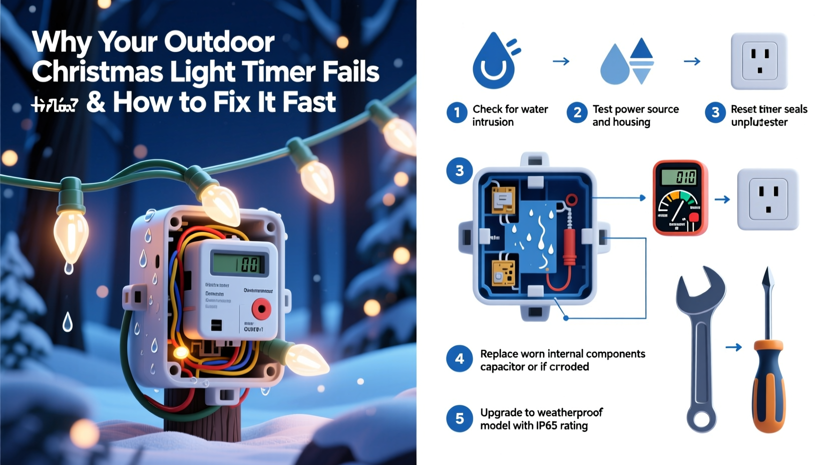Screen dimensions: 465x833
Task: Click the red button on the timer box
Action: click(x=261, y=309)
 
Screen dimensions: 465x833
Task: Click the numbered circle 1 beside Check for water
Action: click(x=457, y=113)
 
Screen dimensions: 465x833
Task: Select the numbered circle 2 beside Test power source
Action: click(x=577, y=113)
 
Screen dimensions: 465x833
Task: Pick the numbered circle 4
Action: click(x=459, y=359)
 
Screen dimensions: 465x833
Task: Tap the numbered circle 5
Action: click(x=459, y=418)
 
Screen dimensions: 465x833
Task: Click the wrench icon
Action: click(x=700, y=346)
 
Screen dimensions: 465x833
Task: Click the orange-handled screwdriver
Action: click(x=768, y=361)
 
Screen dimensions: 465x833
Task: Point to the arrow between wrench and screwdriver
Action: click(x=733, y=347)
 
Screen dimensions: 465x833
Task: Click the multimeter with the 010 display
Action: click(x=680, y=197)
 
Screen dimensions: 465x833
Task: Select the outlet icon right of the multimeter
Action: click(x=767, y=199)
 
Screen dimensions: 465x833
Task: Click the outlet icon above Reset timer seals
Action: click(x=759, y=61)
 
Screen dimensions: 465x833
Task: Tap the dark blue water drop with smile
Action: click(x=494, y=63)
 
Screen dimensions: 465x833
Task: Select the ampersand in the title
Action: click(x=96, y=102)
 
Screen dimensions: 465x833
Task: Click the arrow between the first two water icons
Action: click(x=561, y=61)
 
